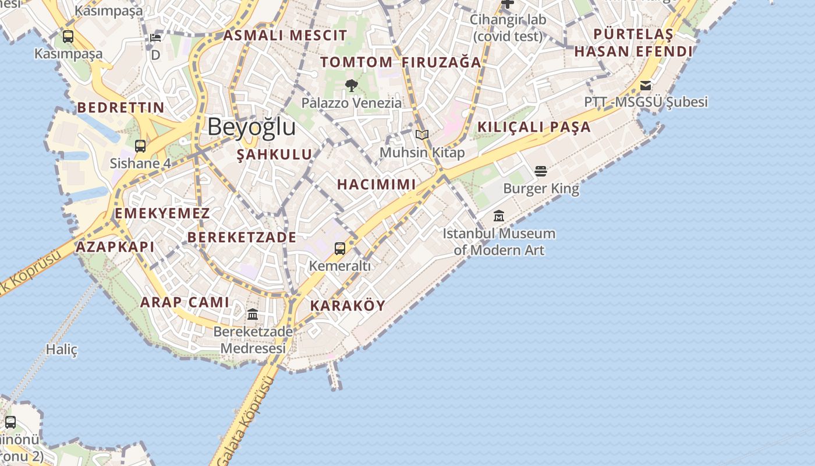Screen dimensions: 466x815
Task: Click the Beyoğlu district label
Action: point(251,126)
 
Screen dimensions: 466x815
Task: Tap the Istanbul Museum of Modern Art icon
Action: point(499,216)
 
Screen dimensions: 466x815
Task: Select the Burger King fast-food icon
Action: point(541,171)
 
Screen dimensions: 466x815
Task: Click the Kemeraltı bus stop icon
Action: point(340,249)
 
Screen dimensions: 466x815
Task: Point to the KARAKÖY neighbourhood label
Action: point(348,306)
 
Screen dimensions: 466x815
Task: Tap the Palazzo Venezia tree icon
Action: point(351,86)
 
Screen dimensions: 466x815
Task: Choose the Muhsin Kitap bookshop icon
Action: point(422,135)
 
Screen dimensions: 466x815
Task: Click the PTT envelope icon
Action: point(646,86)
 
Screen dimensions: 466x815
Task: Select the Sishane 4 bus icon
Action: point(140,146)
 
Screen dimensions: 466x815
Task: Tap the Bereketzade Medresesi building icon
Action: point(253,315)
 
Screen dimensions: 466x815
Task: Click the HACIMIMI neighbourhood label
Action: point(377,185)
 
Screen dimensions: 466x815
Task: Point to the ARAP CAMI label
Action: point(185,302)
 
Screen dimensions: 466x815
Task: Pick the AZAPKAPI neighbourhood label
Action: point(115,246)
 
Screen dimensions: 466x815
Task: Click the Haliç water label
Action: point(62,349)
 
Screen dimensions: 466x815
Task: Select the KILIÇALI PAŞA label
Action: point(534,127)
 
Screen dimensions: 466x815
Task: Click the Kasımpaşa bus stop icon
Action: point(68,37)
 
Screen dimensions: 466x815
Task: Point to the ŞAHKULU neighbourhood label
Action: point(274,154)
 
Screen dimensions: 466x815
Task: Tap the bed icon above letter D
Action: point(155,38)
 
